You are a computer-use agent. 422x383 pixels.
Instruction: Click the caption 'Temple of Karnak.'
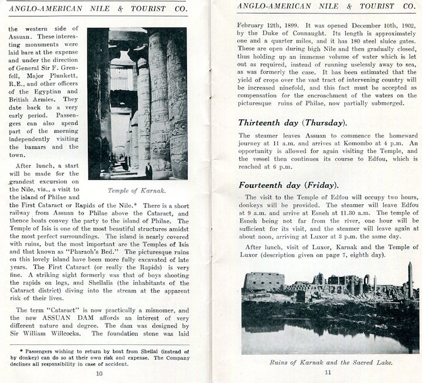pos(137,190)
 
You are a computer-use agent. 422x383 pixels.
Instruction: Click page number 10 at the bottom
pos(99,373)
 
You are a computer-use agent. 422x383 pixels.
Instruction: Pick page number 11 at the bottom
pos(328,373)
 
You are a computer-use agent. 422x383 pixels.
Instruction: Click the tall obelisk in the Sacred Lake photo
pos(410,280)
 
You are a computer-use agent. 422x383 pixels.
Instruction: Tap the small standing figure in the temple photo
pos(149,169)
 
